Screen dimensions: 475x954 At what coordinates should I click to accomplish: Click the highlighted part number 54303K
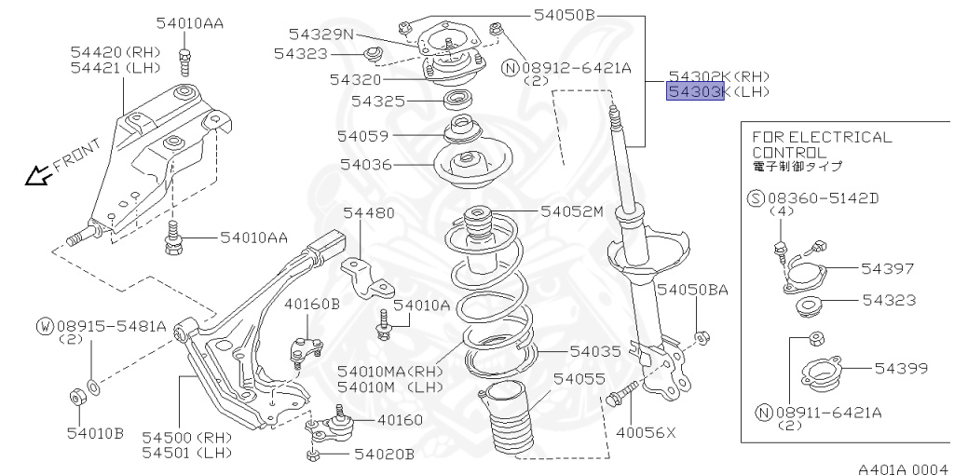tap(694, 92)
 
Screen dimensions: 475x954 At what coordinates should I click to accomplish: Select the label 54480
tap(368, 212)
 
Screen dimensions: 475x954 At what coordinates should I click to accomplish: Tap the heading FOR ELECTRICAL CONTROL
tap(821, 143)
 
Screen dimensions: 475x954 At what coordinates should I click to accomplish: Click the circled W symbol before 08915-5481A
tap(45, 326)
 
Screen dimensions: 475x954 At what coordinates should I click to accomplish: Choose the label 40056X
tap(645, 431)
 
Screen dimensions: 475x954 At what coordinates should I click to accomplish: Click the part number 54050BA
tap(692, 290)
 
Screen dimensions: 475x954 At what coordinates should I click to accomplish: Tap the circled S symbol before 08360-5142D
tap(756, 197)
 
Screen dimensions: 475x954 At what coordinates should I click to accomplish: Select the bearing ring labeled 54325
tap(456, 99)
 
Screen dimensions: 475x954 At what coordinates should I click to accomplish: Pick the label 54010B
tap(95, 431)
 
